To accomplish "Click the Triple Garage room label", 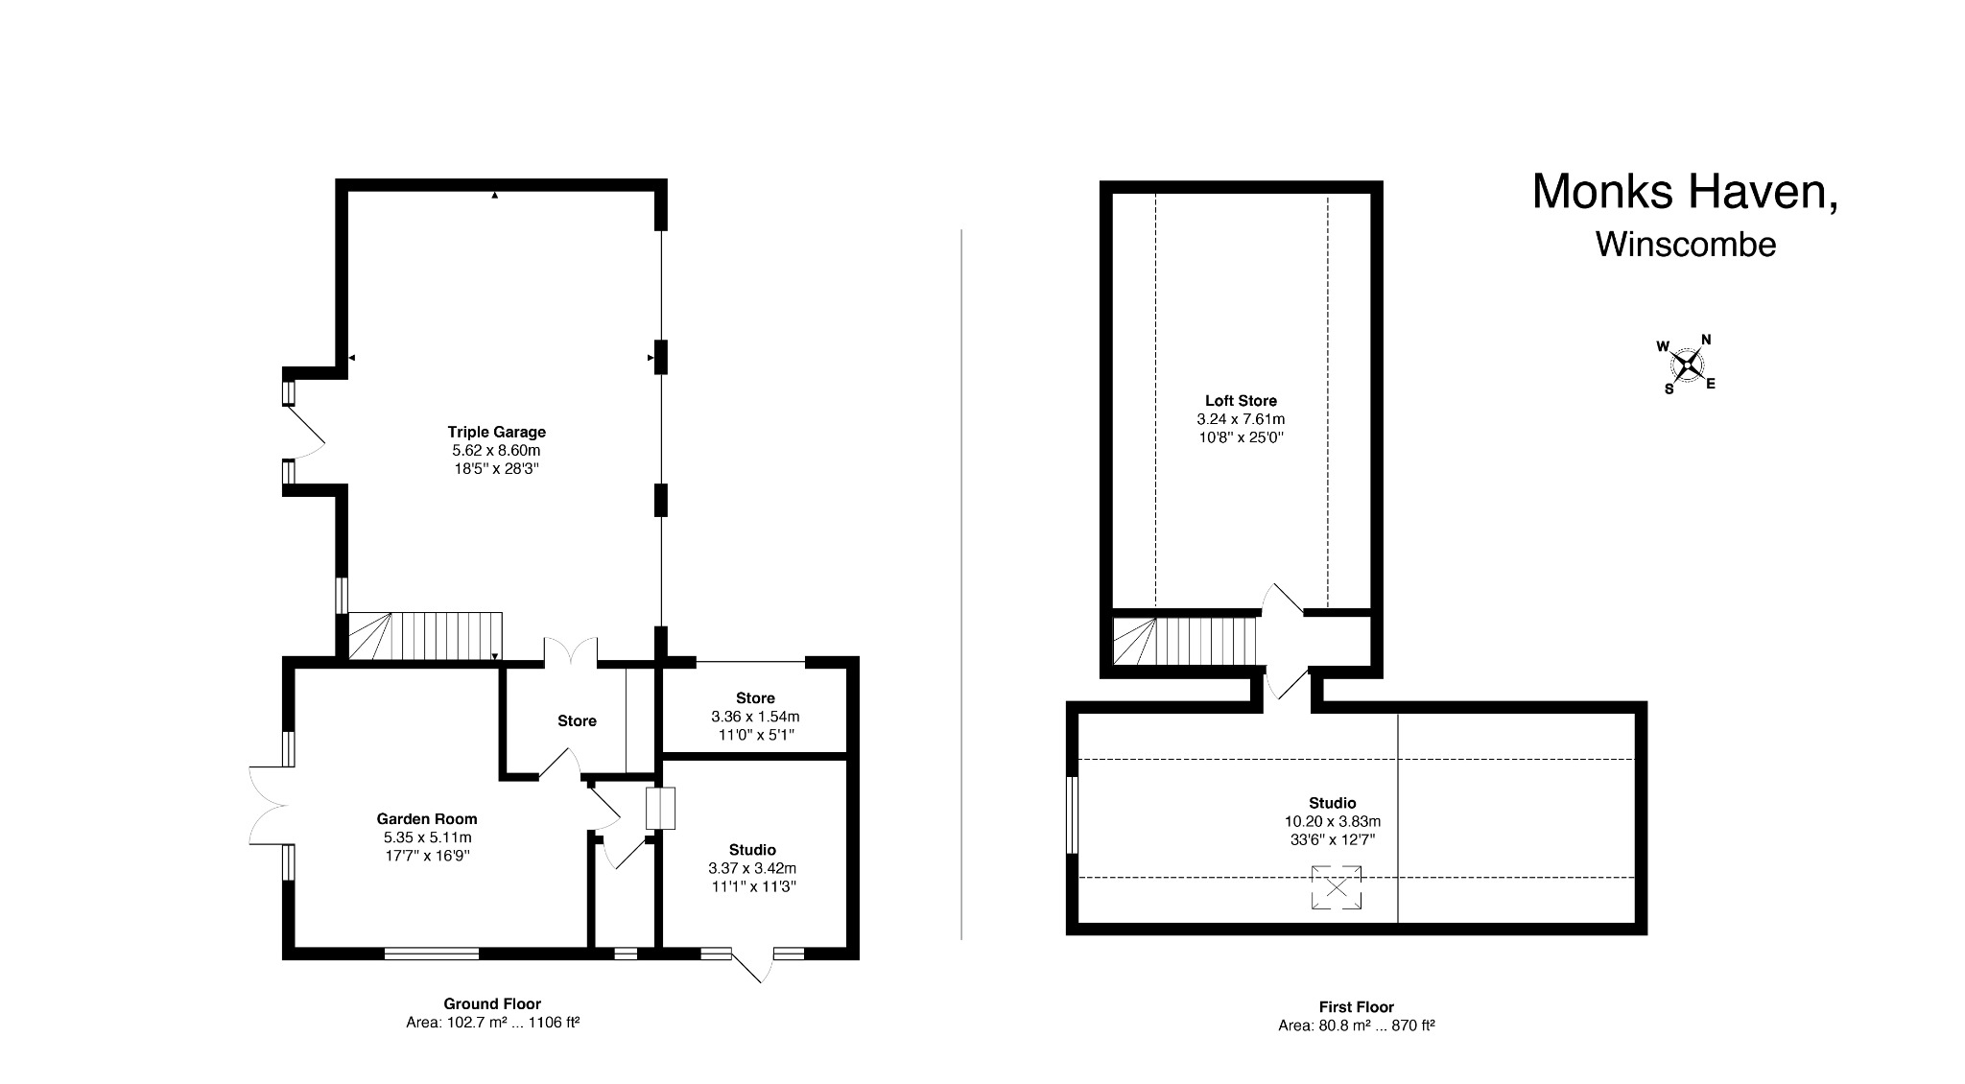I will tap(496, 432).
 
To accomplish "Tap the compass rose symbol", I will tap(1687, 365).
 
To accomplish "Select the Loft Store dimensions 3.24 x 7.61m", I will tap(1241, 419).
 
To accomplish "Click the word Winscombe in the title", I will tap(1685, 245).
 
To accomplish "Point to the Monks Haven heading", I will tap(1684, 192).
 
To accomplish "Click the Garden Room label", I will tap(426, 818).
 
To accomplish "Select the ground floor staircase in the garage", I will tap(424, 635).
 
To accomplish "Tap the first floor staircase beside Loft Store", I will tap(1184, 641).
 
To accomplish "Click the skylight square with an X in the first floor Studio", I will tap(1336, 887).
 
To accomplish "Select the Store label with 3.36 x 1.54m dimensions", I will tap(755, 697).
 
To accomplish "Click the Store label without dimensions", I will tap(577, 720).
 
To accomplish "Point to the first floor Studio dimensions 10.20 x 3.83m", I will tap(1332, 821).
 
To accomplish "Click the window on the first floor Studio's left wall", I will tap(1073, 814).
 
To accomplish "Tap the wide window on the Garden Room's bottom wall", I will tap(432, 954).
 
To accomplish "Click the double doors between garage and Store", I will tap(571, 652).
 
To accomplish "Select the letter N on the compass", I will tap(1706, 340).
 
